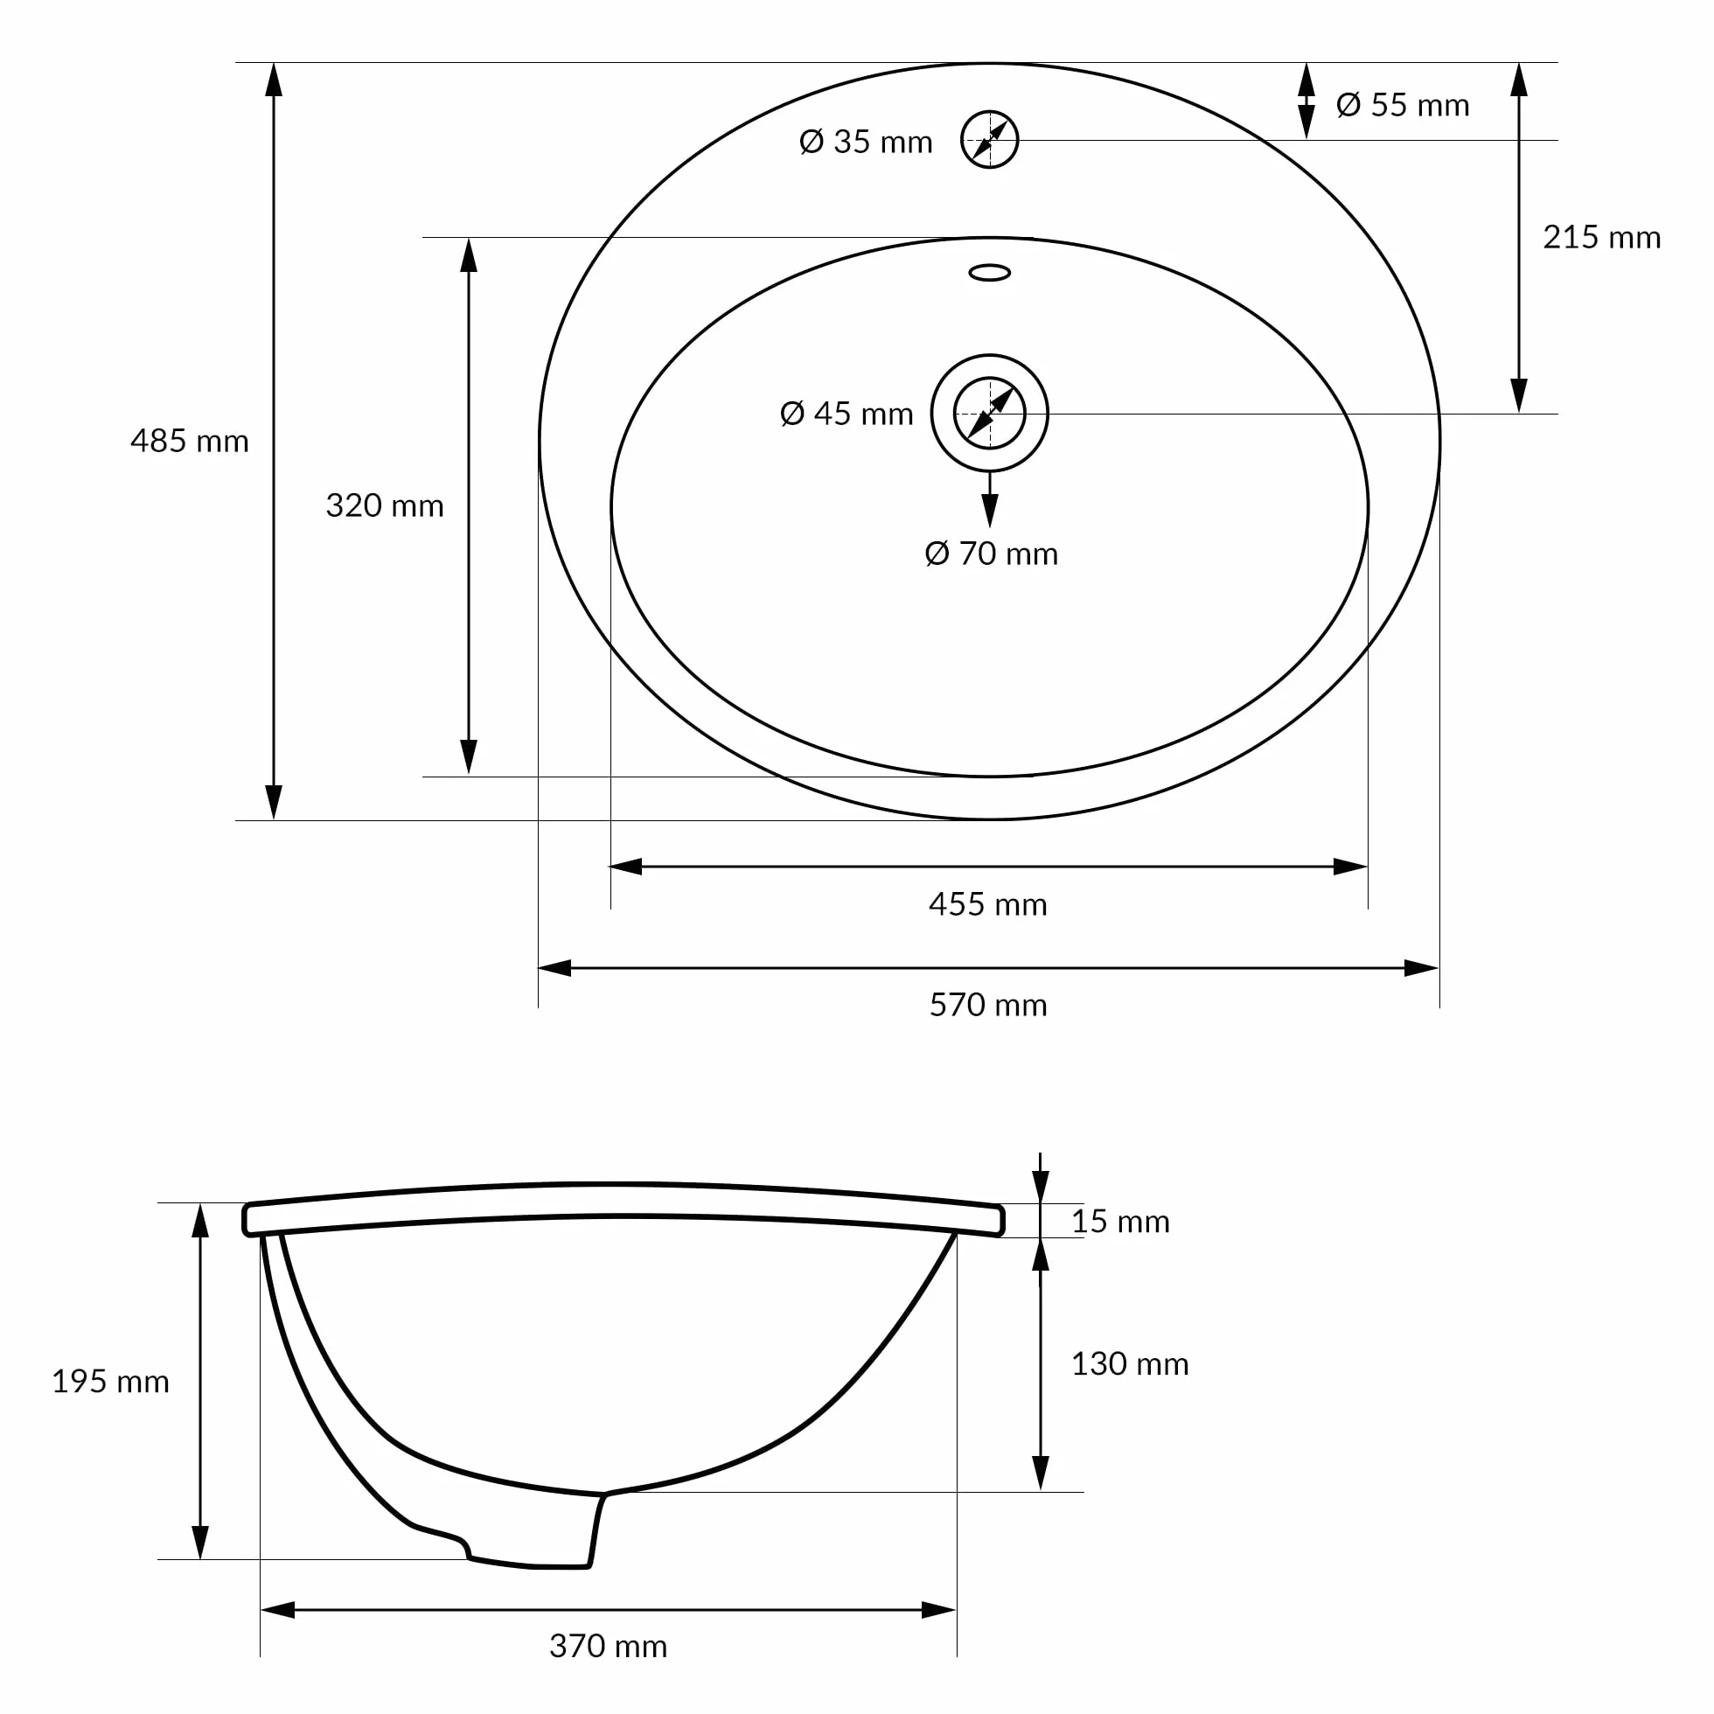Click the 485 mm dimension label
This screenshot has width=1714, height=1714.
(x=190, y=441)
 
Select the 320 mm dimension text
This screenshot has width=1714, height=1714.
(x=385, y=505)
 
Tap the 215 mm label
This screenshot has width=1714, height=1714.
(x=1601, y=237)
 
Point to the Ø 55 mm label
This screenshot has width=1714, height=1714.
(x=1403, y=105)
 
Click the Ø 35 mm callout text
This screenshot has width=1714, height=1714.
(x=866, y=141)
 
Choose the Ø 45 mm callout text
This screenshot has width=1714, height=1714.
(x=847, y=414)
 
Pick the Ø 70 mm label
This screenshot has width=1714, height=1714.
(x=991, y=554)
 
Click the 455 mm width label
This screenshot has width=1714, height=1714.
(x=988, y=904)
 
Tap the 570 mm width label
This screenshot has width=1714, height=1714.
(x=988, y=1005)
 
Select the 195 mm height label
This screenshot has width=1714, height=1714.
(x=111, y=1382)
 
